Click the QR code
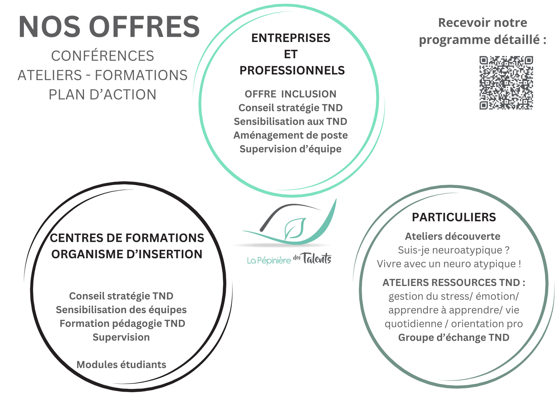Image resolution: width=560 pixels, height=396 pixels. point(506,83)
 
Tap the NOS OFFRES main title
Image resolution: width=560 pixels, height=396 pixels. point(109,27)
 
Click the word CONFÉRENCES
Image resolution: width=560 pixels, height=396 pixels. point(102,56)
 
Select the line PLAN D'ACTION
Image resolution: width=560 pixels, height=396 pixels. point(102,95)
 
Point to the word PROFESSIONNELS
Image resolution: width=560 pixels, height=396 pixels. point(292,70)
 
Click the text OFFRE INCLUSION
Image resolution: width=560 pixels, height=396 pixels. point(290,94)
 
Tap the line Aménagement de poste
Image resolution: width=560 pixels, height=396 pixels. point(290,135)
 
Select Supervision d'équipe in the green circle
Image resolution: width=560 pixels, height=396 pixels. point(290,149)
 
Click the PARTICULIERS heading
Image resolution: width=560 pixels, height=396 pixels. point(454,217)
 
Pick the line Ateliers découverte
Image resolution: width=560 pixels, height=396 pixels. point(453,236)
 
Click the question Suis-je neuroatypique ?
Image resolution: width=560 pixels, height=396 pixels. point(454,250)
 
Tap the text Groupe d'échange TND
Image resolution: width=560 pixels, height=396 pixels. point(454,337)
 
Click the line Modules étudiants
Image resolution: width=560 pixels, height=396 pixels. point(121,364)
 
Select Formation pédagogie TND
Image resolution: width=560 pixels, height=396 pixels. point(122,323)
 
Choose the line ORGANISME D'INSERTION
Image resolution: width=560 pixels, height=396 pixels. point(127,254)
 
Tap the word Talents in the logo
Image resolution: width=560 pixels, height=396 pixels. point(316,258)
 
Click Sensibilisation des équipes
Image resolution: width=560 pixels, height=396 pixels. point(121,310)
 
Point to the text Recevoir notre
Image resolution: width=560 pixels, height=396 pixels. point(482,23)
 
